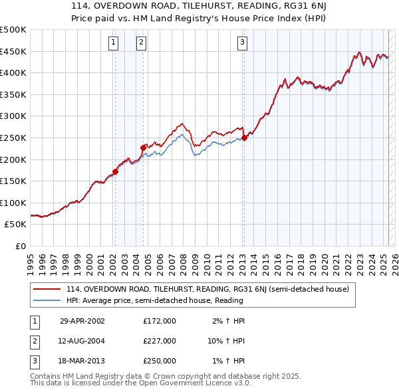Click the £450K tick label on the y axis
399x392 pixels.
point(13,51)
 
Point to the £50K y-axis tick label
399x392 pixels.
point(16,225)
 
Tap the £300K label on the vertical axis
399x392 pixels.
point(13,116)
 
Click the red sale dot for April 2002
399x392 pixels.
point(115,171)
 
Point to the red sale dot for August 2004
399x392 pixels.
point(143,147)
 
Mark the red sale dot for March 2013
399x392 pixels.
point(244,138)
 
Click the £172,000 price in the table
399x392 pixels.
point(160,321)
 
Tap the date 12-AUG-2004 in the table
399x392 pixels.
point(82,341)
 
